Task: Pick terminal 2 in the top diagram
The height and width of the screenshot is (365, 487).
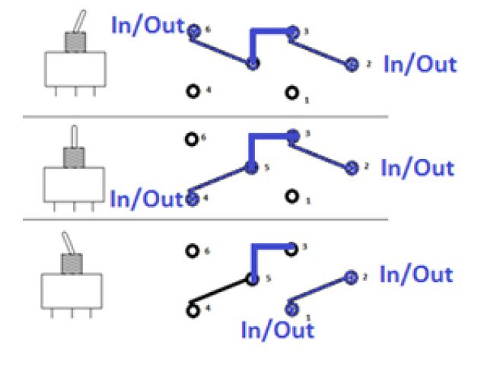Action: click(x=352, y=64)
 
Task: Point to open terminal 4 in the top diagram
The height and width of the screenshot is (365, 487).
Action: click(x=193, y=91)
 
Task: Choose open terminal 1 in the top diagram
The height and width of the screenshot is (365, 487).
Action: click(x=291, y=93)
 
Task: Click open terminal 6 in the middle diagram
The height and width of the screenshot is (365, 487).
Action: click(x=193, y=139)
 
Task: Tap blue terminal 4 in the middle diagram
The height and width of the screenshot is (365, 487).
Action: click(x=193, y=198)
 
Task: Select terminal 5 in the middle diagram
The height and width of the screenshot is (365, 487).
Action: click(x=252, y=167)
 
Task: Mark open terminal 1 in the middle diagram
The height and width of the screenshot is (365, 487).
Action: click(x=291, y=197)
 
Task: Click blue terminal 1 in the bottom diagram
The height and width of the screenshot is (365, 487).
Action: click(x=291, y=309)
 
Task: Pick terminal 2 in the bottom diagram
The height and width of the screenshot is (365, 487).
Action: click(x=351, y=278)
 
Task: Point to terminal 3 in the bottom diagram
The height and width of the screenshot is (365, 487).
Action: click(x=291, y=246)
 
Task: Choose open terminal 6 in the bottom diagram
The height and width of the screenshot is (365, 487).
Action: click(x=193, y=249)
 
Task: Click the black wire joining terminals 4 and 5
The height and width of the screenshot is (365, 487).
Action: click(x=222, y=294)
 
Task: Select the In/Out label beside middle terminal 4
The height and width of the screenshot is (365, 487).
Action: click(x=147, y=198)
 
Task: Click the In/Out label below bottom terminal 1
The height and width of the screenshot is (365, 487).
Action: click(x=277, y=330)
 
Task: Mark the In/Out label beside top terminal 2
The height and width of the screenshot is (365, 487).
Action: click(x=420, y=64)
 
